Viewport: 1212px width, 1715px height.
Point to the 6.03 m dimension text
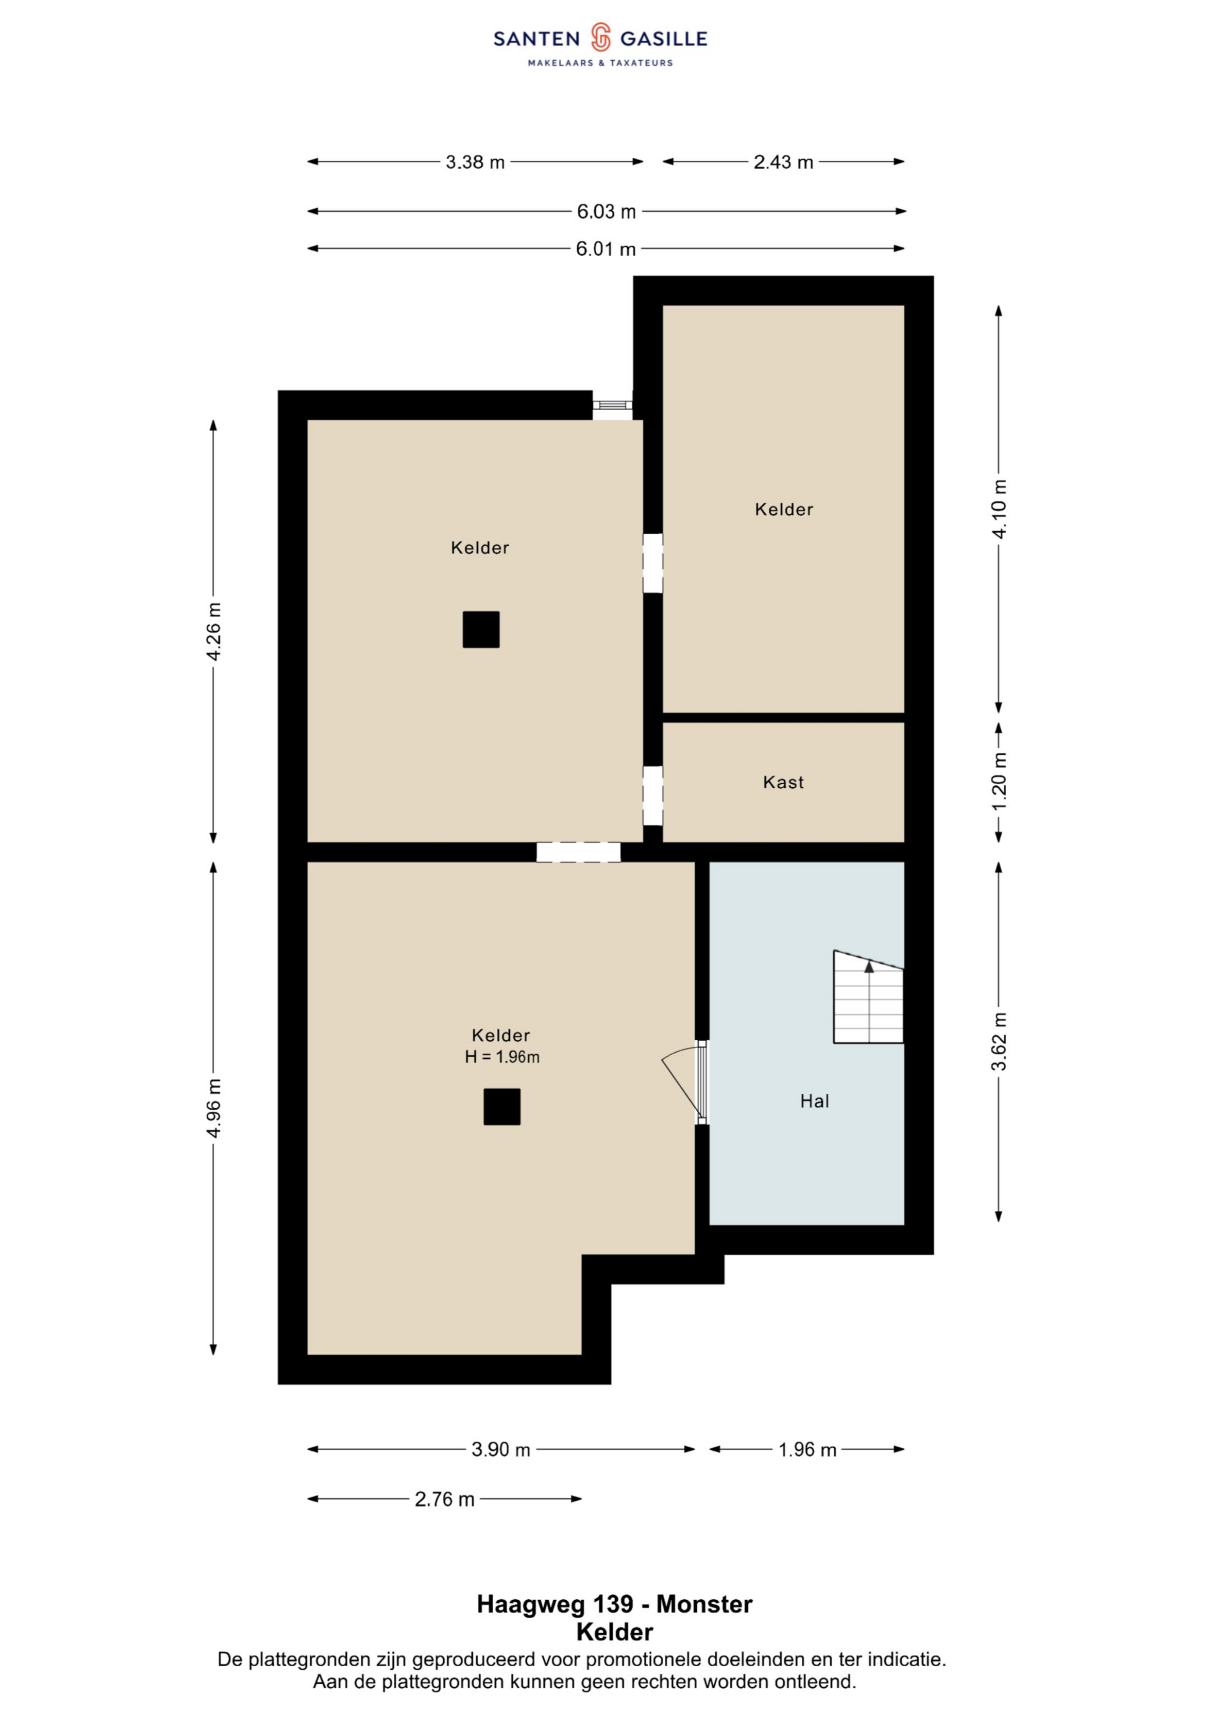606,212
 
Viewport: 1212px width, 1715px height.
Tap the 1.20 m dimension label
999,782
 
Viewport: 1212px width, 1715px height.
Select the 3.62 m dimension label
999,1042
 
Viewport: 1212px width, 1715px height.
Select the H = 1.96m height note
502,1057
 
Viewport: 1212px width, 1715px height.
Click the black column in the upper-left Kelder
481,630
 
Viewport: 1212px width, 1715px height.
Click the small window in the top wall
612,405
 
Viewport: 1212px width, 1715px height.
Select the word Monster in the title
704,1604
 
